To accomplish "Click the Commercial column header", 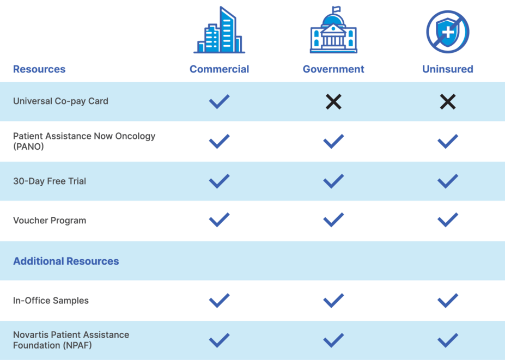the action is point(220,69).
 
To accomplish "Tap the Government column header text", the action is point(333,69).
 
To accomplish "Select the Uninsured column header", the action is point(448,69).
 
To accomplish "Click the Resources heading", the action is point(39,69).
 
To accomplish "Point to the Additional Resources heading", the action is point(66,261).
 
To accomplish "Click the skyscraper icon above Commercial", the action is point(220,29).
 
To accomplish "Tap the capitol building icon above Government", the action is point(333,29).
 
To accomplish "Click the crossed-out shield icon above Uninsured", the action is point(448,32).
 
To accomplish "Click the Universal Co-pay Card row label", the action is point(60,101).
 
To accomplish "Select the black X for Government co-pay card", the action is point(333,102).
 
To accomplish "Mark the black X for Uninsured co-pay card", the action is point(448,102).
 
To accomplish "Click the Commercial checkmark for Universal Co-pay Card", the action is point(220,102).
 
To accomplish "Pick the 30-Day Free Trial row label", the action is point(50,181).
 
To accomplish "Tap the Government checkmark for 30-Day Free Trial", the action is point(333,181).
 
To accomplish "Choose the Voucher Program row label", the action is point(50,221).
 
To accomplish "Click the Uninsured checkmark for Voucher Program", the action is point(448,220).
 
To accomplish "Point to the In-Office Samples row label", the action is point(51,301).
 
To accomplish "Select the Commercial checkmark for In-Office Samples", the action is point(220,301).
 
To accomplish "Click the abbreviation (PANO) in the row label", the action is point(28,147).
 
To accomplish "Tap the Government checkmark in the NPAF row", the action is point(333,340).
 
